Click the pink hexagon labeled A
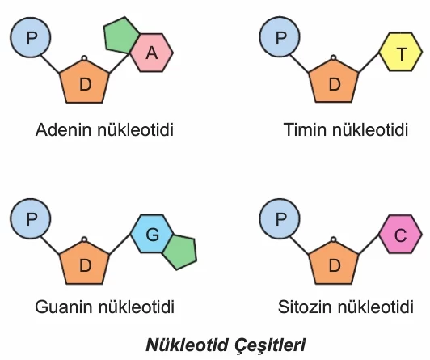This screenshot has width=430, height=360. click(152, 53)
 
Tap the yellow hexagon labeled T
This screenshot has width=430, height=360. click(401, 52)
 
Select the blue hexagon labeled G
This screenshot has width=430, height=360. click(152, 234)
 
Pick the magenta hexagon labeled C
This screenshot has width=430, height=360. click(401, 234)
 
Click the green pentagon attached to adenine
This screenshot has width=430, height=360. click(120, 35)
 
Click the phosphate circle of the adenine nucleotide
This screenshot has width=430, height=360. click(31, 37)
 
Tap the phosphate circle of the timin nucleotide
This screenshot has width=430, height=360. click(280, 36)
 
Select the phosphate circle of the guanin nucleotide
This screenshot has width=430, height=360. click(31, 219)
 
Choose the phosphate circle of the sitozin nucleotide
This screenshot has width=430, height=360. click(280, 219)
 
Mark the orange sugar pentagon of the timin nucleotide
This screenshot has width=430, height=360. click(334, 82)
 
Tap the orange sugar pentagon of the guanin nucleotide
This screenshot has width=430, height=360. click(84, 264)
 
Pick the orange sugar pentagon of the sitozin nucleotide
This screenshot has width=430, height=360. click(334, 264)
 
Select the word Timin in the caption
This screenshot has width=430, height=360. click(306, 129)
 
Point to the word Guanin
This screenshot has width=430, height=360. click(65, 307)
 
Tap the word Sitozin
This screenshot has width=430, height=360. click(305, 307)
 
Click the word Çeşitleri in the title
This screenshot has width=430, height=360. click(270, 345)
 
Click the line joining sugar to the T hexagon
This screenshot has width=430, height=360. click(369, 62)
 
